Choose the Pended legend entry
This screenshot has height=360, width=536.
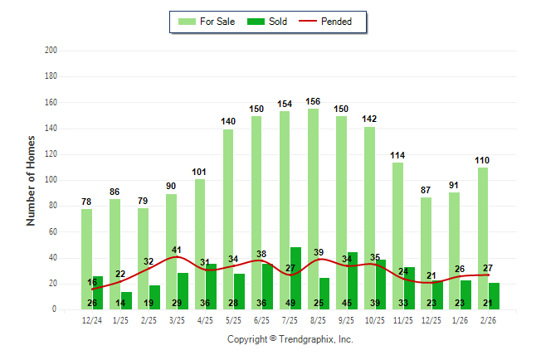(331, 22)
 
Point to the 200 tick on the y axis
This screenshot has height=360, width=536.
(51, 51)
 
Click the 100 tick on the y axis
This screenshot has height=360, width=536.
(51, 180)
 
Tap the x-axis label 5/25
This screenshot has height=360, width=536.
(234, 320)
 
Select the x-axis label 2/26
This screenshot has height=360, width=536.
(488, 320)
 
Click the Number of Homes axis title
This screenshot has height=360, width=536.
(32, 180)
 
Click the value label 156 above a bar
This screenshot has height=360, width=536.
(313, 101)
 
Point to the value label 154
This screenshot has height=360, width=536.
(285, 104)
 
